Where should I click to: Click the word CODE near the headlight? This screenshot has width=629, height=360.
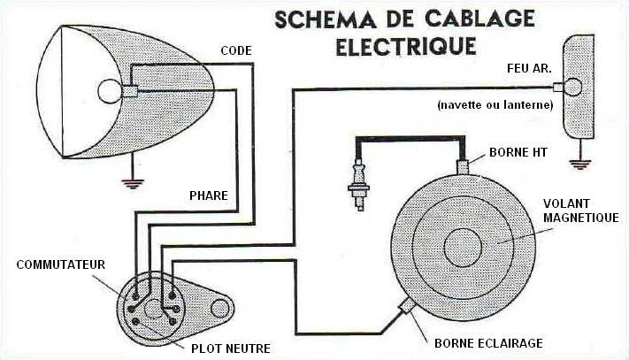(236, 50)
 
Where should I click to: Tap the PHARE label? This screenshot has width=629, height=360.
(209, 195)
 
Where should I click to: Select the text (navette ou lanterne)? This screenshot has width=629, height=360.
(495, 105)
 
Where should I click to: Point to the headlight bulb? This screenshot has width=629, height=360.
(111, 90)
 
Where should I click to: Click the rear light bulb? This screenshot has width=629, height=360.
(571, 87)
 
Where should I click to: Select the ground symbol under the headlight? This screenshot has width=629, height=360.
(133, 185)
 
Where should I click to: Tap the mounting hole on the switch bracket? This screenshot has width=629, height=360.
(220, 309)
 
